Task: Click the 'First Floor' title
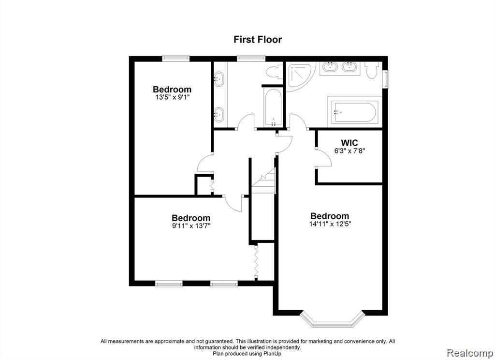point(258,40)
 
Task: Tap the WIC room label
point(349,143)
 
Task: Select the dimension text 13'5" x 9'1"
point(173,97)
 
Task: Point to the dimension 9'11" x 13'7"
point(191,225)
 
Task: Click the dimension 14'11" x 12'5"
point(330,224)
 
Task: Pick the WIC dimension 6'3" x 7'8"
point(350,151)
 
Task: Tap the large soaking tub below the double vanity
point(355,112)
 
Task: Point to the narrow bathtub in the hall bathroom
point(273,107)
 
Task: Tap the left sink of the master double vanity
point(330,67)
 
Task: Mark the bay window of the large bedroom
point(332,319)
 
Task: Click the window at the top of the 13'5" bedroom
point(176,58)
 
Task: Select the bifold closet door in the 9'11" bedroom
point(256,262)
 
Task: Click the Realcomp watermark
point(470,353)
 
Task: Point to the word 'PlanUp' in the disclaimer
point(273,353)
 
